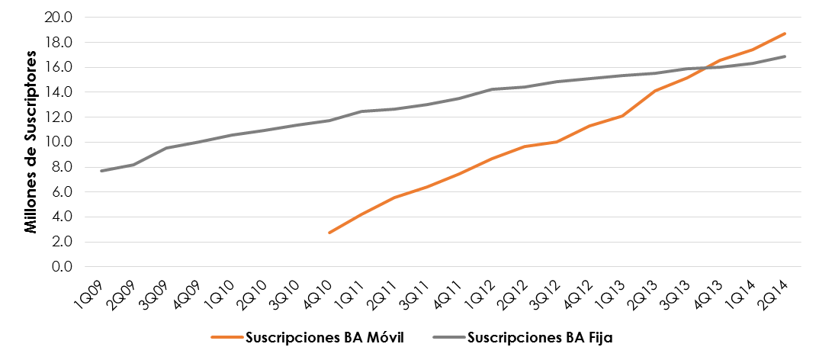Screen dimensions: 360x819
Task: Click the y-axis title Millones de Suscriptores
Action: pos(31,142)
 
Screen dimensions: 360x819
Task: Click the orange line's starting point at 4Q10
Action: pos(329,233)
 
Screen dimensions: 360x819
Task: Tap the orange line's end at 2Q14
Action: pos(785,34)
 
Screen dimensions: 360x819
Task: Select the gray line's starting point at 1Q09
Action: pos(101,171)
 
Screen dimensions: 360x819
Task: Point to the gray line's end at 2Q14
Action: pos(785,56)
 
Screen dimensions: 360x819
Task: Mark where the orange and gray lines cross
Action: pos(708,67)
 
